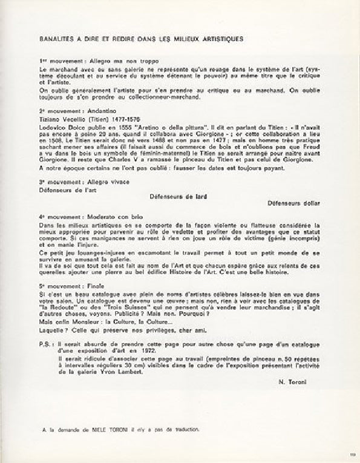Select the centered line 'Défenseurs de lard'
(x=180, y=195)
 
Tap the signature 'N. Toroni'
(x=294, y=383)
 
